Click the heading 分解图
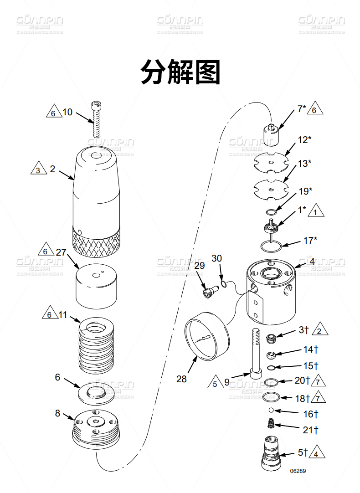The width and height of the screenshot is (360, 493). (x=180, y=72)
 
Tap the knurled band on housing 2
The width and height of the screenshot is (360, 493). (x=96, y=241)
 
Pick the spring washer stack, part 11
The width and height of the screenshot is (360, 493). (x=96, y=344)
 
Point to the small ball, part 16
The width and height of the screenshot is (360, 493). (x=271, y=411)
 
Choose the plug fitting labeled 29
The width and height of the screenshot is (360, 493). (x=209, y=291)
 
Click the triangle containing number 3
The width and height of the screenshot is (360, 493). (x=38, y=169)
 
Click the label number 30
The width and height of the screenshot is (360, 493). (x=216, y=258)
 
